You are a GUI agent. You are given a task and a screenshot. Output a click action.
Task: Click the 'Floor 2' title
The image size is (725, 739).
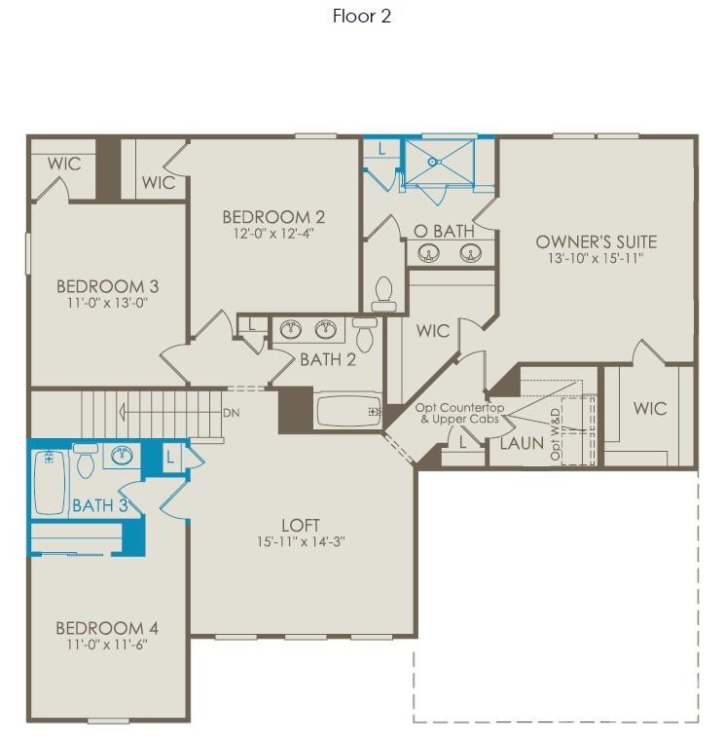point(362,16)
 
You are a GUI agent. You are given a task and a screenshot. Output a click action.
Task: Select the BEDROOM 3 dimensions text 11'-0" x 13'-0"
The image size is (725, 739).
point(107,303)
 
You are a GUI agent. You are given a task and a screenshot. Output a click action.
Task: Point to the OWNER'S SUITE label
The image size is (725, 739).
point(596,241)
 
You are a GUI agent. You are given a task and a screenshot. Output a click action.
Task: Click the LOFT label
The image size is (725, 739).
point(301,526)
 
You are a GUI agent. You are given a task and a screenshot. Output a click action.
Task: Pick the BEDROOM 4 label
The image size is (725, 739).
point(107,628)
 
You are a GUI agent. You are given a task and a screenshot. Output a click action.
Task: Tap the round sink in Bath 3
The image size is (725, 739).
point(123,455)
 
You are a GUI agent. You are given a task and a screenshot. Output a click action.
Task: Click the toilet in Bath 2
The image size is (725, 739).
point(365,333)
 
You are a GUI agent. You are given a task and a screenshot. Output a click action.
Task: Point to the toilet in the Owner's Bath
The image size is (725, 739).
point(383,293)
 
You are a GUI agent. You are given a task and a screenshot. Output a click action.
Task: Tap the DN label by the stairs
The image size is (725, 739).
point(231,413)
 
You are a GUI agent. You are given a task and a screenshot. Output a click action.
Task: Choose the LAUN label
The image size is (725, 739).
point(522,443)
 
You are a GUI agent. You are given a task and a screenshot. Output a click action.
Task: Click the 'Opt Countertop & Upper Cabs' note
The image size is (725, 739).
point(459,413)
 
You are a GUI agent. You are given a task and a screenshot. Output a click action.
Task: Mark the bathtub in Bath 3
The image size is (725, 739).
point(49,481)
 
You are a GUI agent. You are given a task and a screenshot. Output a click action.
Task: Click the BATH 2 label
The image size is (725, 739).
point(327,359)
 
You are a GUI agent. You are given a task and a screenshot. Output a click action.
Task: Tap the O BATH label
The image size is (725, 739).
point(444,231)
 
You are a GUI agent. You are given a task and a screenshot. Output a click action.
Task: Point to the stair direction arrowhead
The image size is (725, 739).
point(124,413)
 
